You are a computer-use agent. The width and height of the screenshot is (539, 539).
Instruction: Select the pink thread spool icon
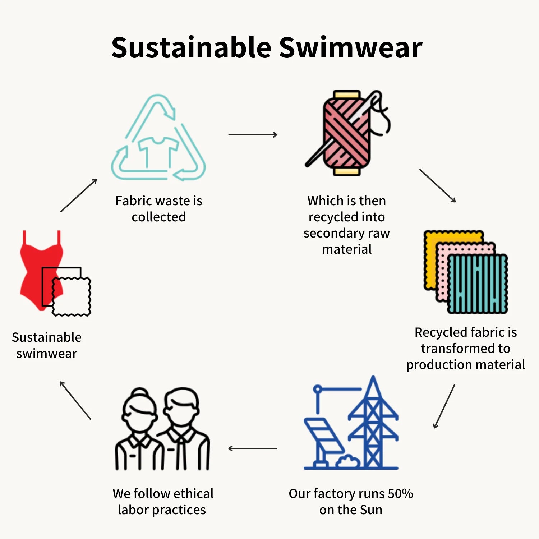point(346,133)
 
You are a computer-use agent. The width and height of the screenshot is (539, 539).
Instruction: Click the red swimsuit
point(36,266)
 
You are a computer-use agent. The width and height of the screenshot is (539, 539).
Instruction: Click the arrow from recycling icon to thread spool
point(253,135)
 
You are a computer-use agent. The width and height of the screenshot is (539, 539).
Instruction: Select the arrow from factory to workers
point(253,448)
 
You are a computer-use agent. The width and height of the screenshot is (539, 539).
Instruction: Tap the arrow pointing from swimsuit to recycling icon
point(79,195)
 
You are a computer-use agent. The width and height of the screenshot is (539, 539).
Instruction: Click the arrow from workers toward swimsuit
point(75,400)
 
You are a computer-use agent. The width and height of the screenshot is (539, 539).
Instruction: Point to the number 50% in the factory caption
point(400,494)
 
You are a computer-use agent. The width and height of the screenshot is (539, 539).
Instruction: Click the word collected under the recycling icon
point(158,217)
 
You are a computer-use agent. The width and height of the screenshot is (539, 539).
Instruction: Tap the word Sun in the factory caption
point(371,510)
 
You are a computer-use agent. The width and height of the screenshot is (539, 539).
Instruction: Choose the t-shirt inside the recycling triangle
point(158,151)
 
